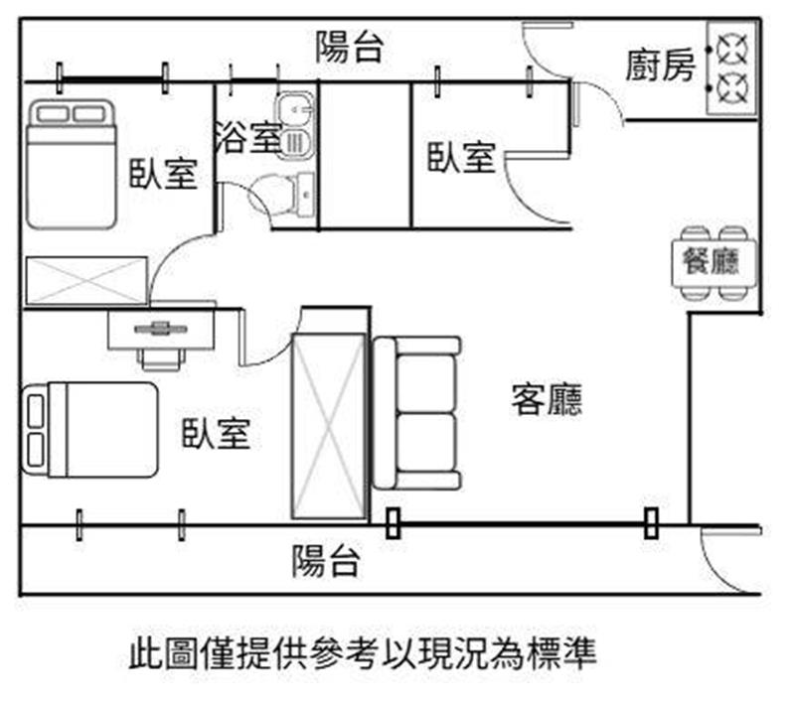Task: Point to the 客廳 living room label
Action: (547, 399)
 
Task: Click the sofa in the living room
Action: (416, 412)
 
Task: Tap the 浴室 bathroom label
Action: (247, 137)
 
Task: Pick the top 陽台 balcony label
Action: (349, 48)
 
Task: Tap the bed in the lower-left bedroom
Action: (91, 429)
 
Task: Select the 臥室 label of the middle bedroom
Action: (461, 157)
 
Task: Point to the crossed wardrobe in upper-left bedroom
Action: (85, 279)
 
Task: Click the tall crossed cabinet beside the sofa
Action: (329, 426)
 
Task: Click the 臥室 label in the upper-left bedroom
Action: (163, 173)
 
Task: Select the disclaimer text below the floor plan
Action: (363, 654)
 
